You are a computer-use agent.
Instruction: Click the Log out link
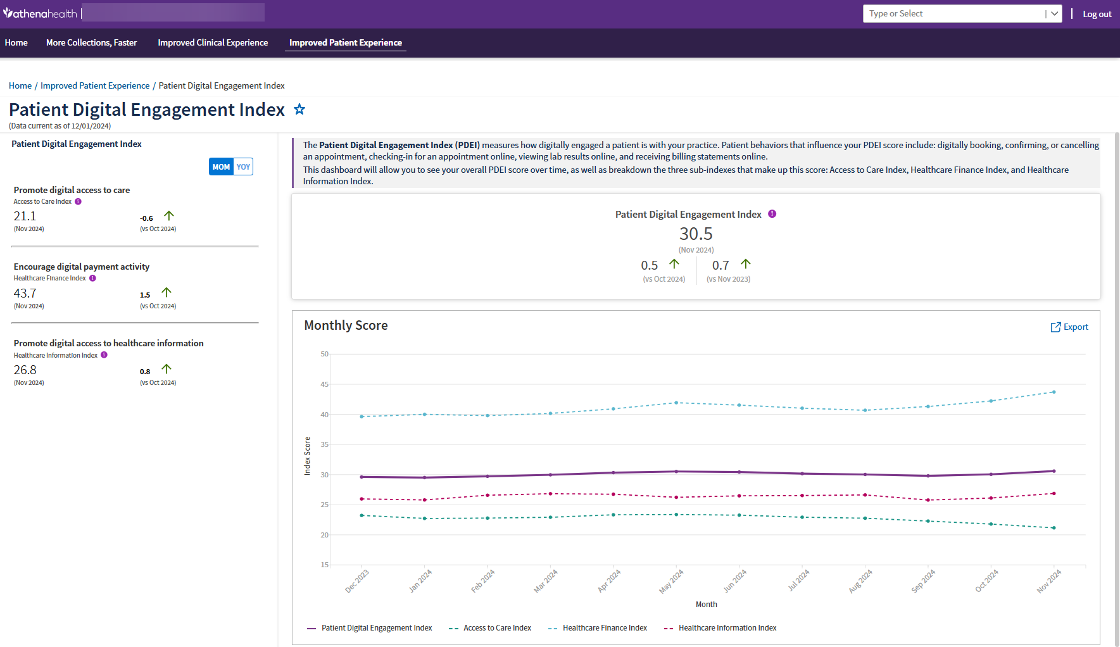click(1097, 14)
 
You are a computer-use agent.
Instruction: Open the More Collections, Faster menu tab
click(91, 42)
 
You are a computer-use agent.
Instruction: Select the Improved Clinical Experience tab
click(213, 42)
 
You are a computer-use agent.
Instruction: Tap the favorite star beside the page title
click(299, 110)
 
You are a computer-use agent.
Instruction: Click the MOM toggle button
click(221, 166)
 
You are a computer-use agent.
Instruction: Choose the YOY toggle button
click(243, 166)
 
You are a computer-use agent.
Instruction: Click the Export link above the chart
click(1069, 327)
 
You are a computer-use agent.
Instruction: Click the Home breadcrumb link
click(20, 85)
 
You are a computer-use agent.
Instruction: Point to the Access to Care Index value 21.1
click(25, 217)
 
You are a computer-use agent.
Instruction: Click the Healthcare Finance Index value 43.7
click(25, 293)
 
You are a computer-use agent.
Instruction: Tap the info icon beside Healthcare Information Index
click(104, 355)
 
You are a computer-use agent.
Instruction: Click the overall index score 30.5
click(696, 234)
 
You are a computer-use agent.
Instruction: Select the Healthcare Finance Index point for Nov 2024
click(1054, 392)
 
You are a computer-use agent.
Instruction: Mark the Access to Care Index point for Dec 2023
click(362, 515)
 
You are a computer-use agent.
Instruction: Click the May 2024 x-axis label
click(671, 581)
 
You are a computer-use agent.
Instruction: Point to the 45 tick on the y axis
click(324, 384)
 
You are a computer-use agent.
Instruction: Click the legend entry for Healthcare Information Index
click(727, 628)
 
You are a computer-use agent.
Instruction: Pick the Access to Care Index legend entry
click(497, 628)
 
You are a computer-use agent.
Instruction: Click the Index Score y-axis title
click(308, 456)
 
